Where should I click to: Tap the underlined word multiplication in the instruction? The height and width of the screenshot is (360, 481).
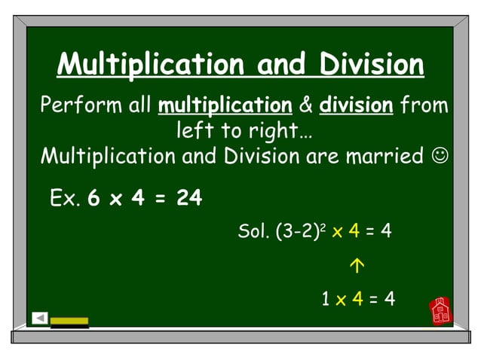pyautogui.click(x=225, y=105)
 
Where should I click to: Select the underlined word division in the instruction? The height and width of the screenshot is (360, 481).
pyautogui.click(x=356, y=105)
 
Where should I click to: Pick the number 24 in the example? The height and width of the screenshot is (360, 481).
pyautogui.click(x=189, y=199)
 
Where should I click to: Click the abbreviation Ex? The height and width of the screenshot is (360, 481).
pyautogui.click(x=65, y=199)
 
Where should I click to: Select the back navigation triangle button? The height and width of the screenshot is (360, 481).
pyautogui.click(x=40, y=318)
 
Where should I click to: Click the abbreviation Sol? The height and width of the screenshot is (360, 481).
pyautogui.click(x=253, y=231)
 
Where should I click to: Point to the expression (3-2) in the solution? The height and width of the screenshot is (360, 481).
pyautogui.click(x=292, y=231)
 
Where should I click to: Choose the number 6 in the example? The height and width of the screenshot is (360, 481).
pyautogui.click(x=93, y=199)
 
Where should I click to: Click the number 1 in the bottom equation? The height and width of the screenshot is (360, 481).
pyautogui.click(x=326, y=299)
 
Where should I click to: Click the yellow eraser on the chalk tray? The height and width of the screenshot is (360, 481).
pyautogui.click(x=69, y=322)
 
